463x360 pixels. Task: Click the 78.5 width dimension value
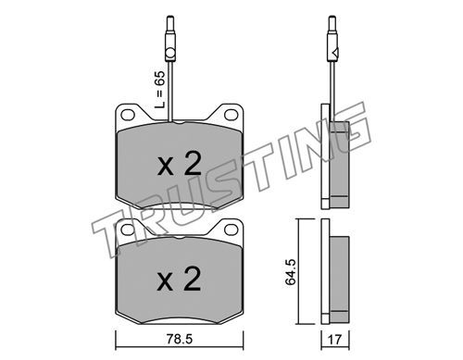coord(180,340)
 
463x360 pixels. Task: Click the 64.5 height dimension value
coord(291,272)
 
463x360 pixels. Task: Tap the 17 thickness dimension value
coord(335,340)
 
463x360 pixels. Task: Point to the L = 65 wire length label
coord(160,90)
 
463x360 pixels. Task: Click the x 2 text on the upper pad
coord(180,164)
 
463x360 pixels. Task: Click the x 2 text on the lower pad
coord(180,279)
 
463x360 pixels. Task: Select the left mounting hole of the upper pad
coord(128,115)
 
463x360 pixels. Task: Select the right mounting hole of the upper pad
coord(231,115)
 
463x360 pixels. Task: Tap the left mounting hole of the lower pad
coord(128,230)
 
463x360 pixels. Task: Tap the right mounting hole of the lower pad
coord(231,230)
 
